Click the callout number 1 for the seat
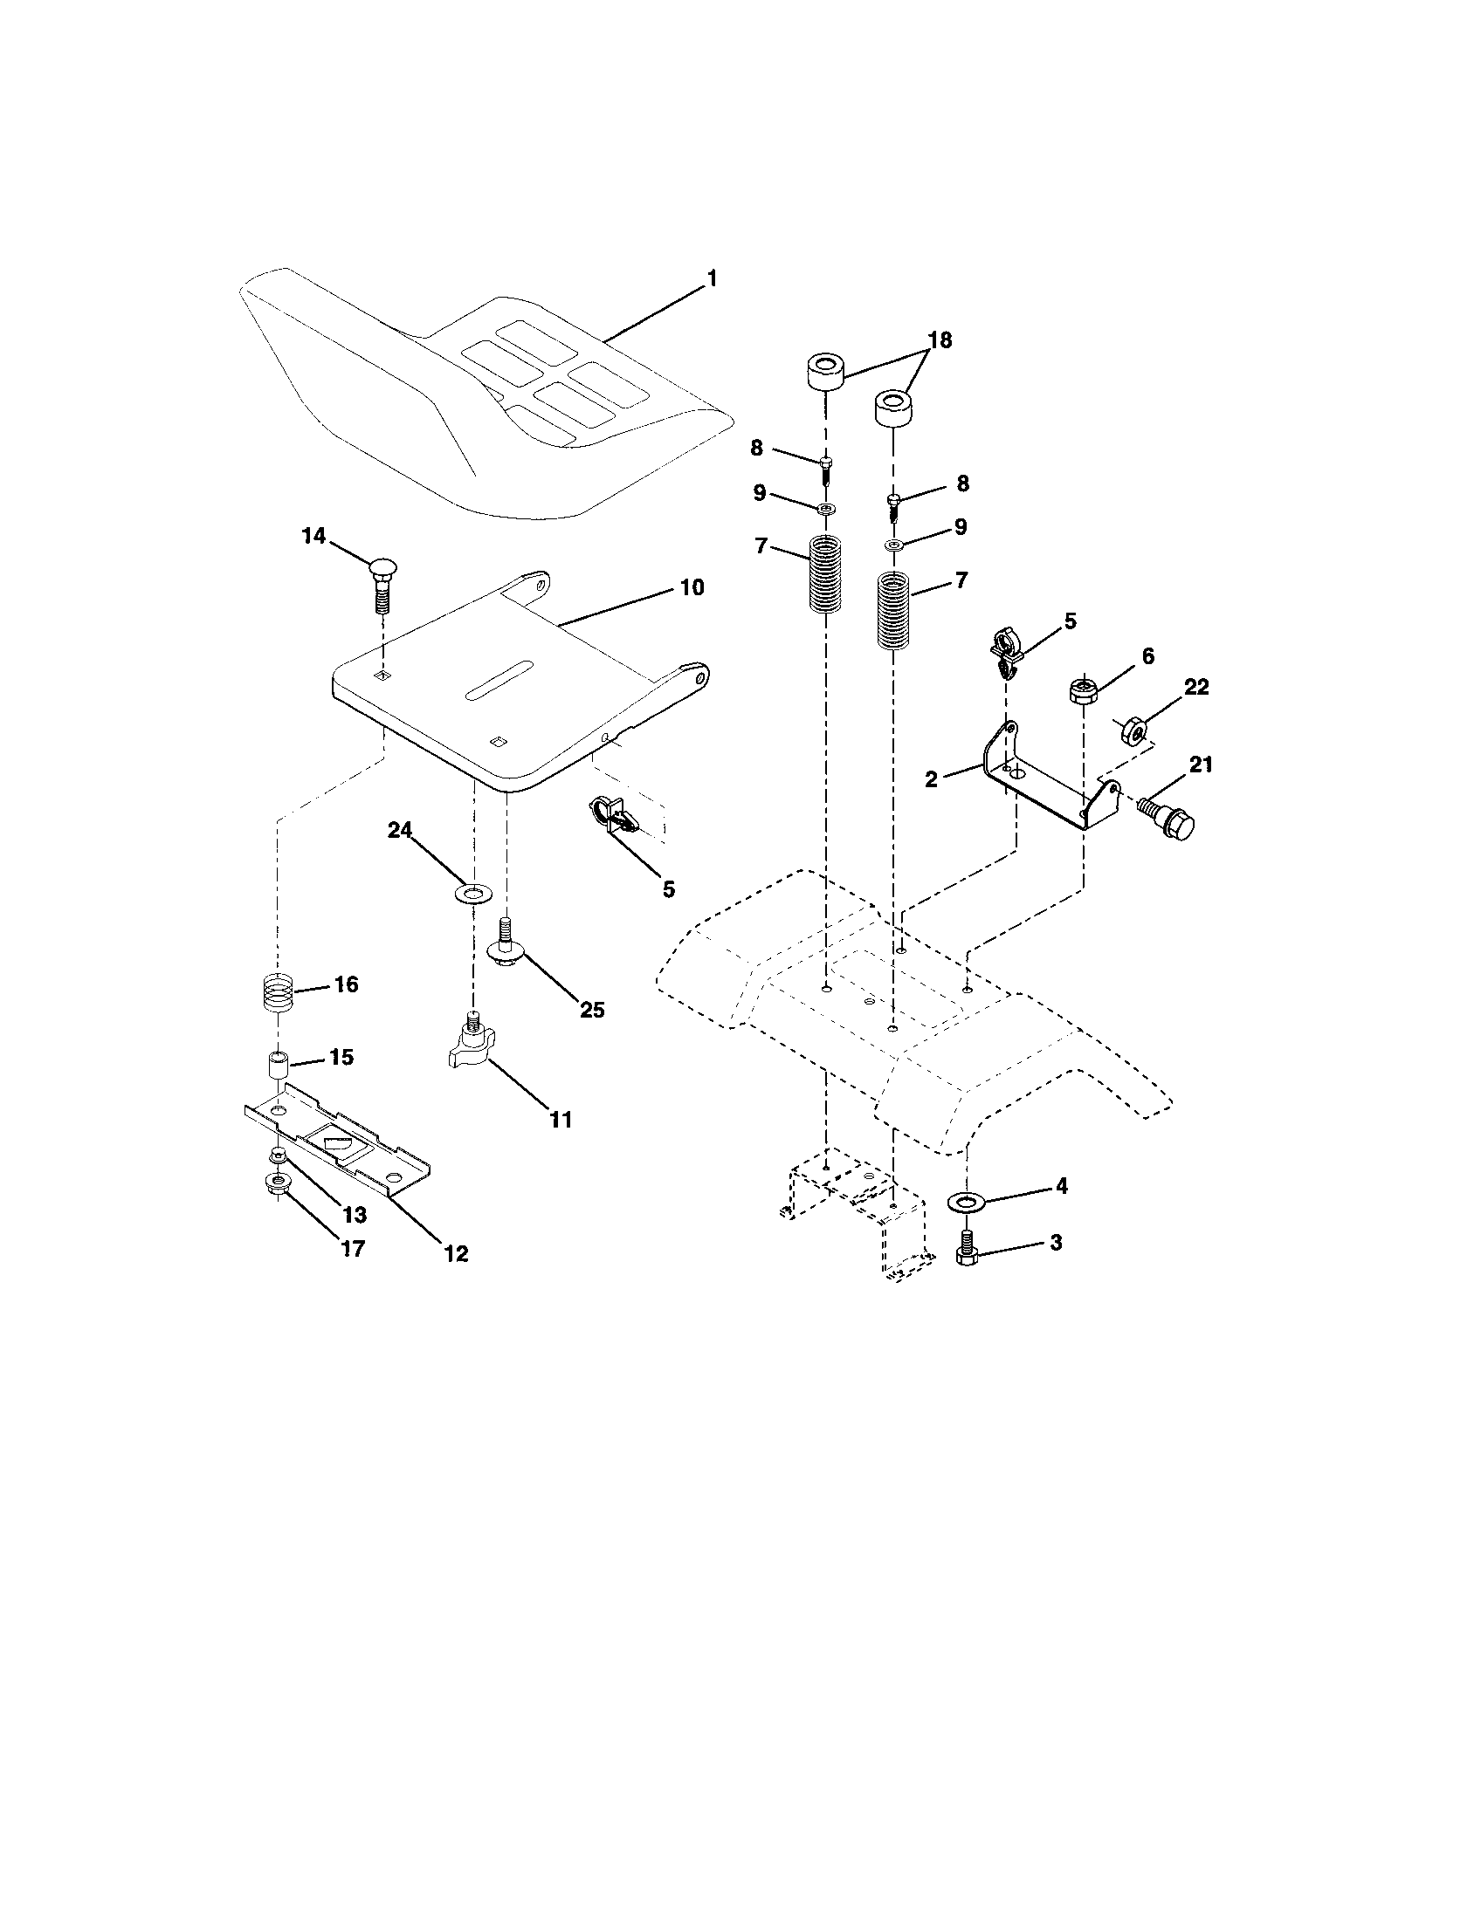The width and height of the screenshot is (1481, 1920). point(712,278)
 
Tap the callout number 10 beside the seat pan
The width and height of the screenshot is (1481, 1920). point(692,587)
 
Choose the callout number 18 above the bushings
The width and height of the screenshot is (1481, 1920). point(940,340)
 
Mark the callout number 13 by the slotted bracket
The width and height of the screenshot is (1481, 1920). point(354,1215)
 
